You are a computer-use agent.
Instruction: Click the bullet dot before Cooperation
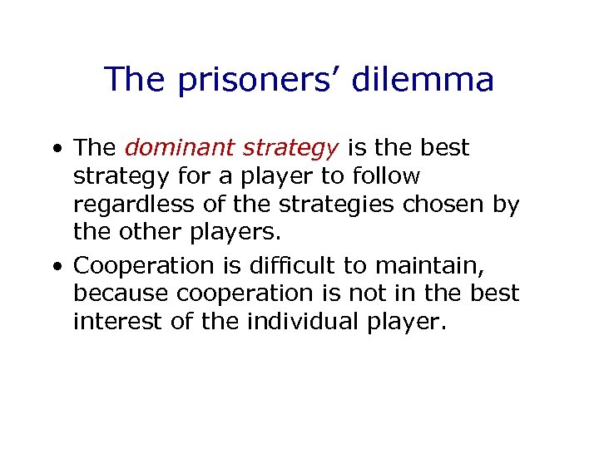pos(56,266)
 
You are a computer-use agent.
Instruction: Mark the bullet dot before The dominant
pos(56,149)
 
